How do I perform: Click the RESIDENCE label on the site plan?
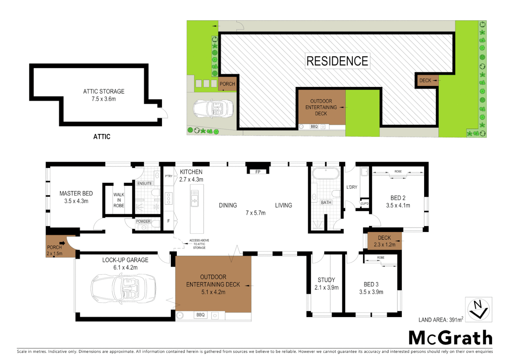[337, 61]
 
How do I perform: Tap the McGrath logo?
[450, 338]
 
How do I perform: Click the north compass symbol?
[478, 309]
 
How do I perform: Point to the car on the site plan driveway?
[213, 108]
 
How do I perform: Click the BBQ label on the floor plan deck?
[201, 315]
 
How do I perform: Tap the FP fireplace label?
[258, 172]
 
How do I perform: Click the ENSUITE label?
[145, 183]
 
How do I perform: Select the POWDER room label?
[143, 221]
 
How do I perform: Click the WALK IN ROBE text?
[119, 200]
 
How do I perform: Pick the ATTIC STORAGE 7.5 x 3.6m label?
[104, 95]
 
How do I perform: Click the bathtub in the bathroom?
[325, 173]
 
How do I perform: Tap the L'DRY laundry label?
[352, 187]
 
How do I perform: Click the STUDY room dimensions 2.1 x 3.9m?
[326, 287]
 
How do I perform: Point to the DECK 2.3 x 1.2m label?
[384, 241]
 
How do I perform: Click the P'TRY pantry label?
[169, 176]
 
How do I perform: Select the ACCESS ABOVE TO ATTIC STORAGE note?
[199, 244]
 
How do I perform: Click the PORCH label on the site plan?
[227, 84]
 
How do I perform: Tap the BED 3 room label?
[371, 284]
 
